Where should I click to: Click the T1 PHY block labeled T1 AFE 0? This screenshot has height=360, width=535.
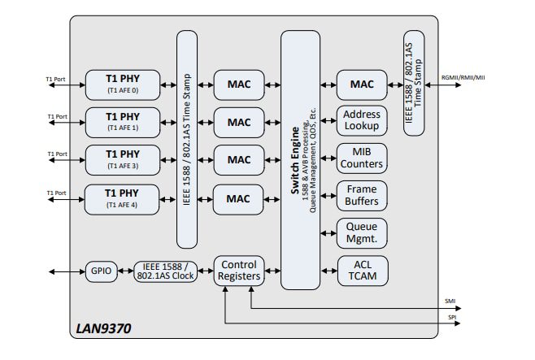tap(123, 84)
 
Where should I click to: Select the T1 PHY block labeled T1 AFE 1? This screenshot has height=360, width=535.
tap(123, 122)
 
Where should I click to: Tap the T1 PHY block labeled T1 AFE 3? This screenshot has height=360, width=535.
tap(123, 159)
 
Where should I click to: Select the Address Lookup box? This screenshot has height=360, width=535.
tap(362, 121)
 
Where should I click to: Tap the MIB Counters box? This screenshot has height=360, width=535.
tap(362, 158)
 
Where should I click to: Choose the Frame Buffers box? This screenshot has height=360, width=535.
tap(362, 196)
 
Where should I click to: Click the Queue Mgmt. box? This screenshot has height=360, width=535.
tap(362, 233)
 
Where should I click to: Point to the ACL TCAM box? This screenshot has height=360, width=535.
tap(362, 271)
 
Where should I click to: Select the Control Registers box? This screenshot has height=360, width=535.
tap(238, 271)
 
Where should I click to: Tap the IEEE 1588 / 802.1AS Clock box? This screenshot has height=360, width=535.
tap(166, 271)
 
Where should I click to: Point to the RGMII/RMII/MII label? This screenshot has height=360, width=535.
tap(463, 78)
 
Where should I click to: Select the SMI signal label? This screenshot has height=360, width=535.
tap(450, 302)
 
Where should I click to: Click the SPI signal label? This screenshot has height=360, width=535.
tap(450, 317)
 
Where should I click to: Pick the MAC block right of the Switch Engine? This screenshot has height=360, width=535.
tap(362, 84)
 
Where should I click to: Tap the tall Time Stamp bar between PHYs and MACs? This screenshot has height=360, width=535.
tap(188, 139)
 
